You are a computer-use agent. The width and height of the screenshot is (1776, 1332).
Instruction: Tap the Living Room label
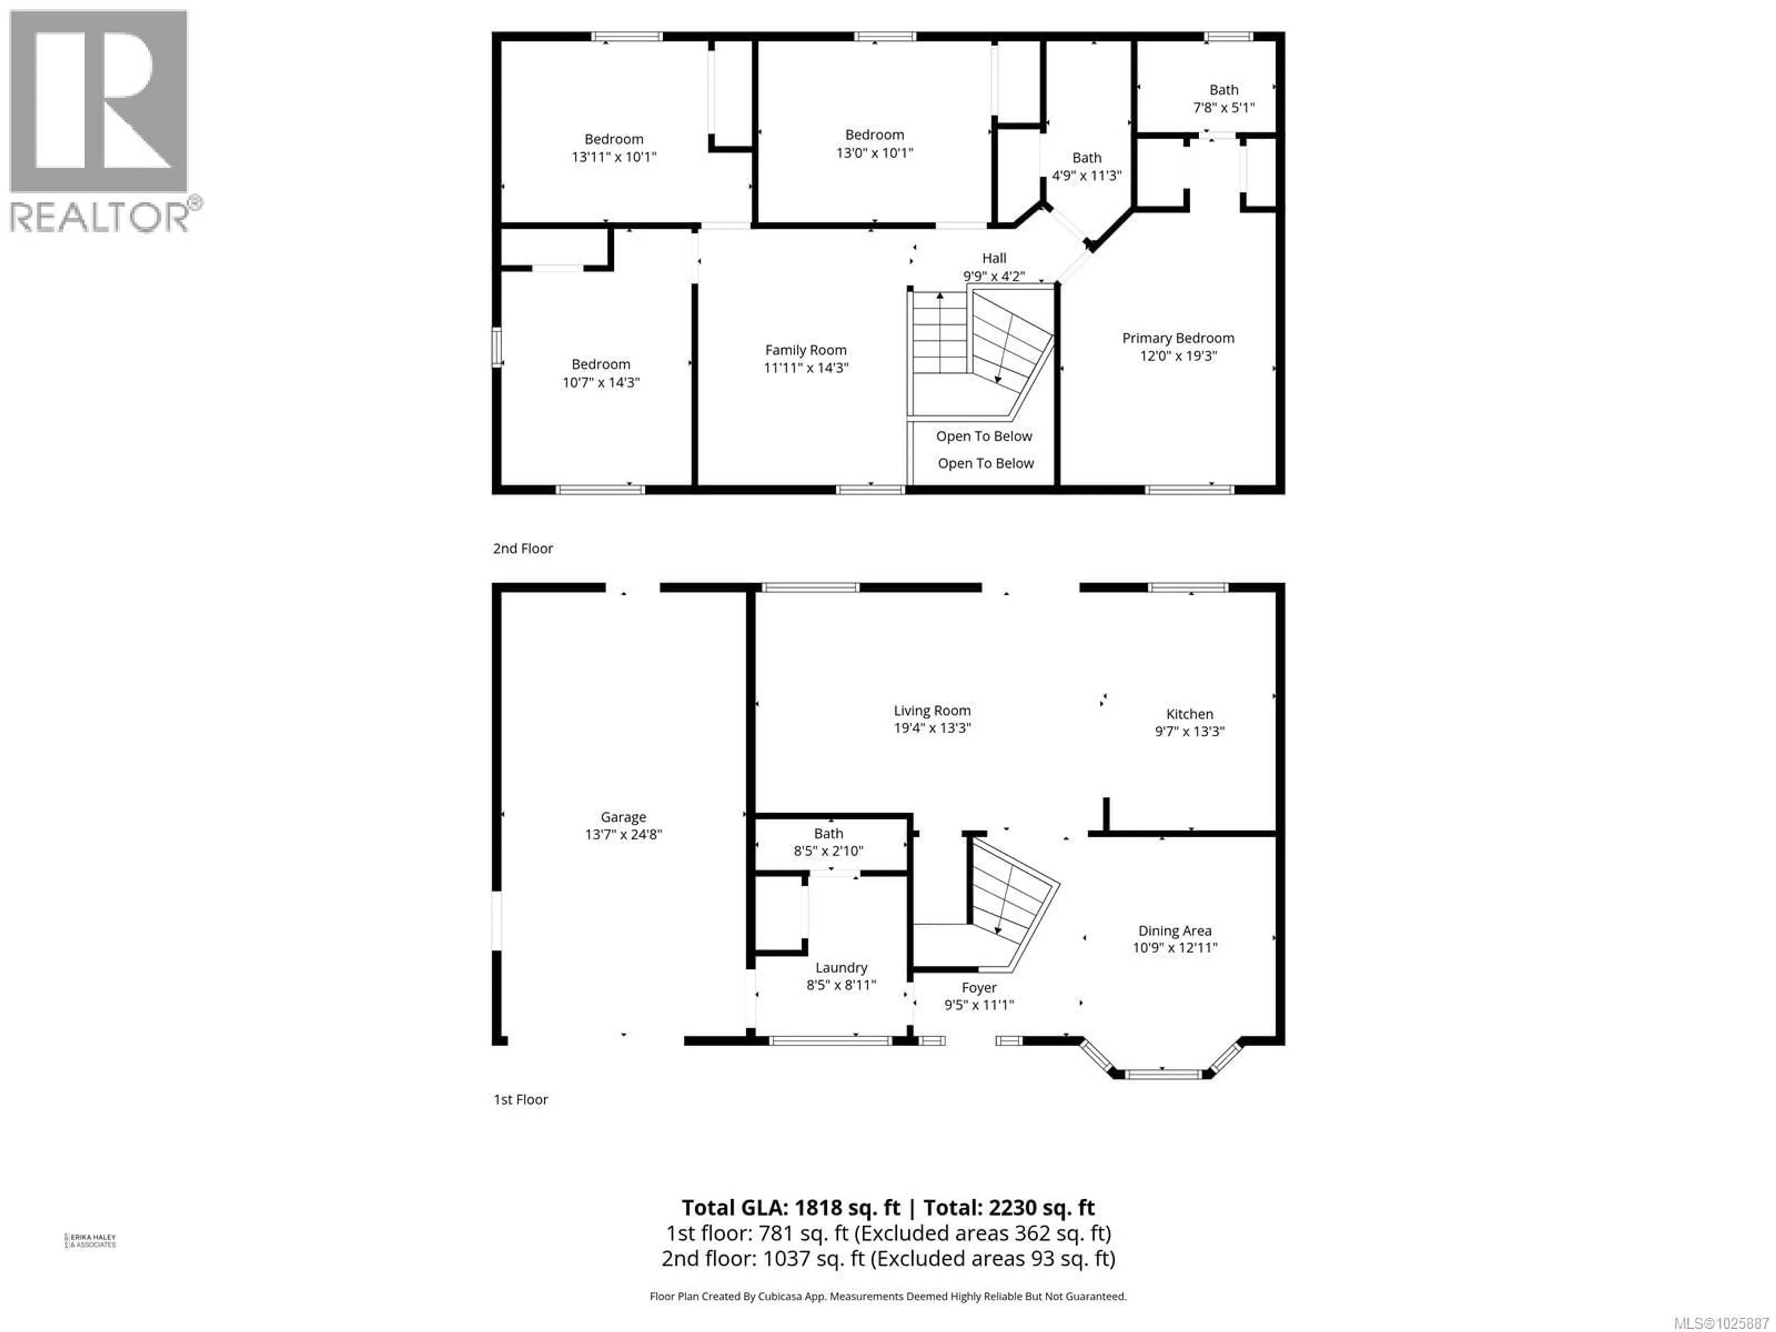pos(932,710)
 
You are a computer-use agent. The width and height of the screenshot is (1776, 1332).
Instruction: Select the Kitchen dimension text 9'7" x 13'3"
pos(1189,731)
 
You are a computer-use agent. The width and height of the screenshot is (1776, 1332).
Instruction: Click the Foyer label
pos(979,987)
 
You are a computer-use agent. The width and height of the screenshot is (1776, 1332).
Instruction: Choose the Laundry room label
pos(841,968)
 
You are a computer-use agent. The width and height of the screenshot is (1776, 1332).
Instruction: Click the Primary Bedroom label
pos(1178,338)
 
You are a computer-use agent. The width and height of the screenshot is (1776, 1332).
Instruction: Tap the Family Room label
pos(805,350)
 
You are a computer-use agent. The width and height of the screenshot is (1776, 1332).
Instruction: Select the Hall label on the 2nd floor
pos(994,258)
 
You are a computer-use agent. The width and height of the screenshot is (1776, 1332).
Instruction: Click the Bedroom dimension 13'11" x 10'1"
pos(613,157)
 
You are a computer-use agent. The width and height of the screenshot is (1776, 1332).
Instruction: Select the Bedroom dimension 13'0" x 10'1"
pos(874,153)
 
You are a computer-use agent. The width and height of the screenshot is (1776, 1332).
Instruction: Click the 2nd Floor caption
pos(523,549)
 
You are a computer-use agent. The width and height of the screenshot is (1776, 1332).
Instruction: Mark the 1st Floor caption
pos(520,1099)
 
